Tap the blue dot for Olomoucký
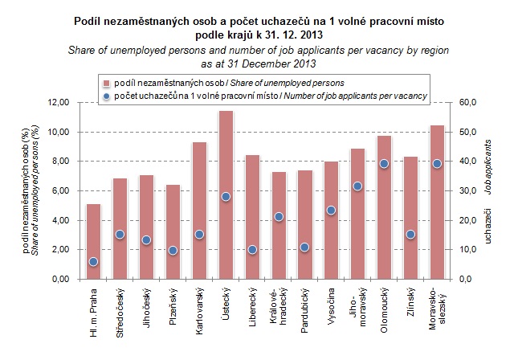384,164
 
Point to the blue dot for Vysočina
331,211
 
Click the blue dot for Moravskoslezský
437,164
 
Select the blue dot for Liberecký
252,250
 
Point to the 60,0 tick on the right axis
467,103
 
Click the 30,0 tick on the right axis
467,191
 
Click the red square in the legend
105,82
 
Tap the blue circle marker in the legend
105,96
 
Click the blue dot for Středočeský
120,235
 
